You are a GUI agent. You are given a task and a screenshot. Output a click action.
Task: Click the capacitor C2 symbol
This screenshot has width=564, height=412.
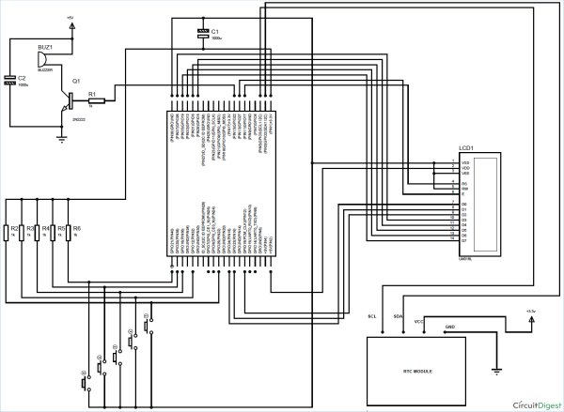tap(11, 80)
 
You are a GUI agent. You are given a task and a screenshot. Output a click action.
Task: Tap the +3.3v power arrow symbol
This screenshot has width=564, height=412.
tap(532, 319)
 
